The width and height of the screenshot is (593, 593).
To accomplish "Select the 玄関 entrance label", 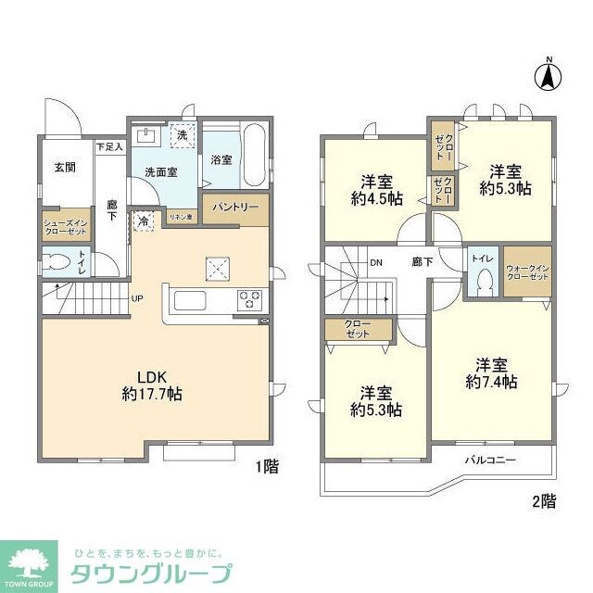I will point(64,167).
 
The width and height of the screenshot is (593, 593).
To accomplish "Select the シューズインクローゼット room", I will point(65,226).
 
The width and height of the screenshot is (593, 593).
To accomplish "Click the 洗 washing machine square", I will point(182,135).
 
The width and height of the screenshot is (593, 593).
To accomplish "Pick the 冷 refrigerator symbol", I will point(144,222).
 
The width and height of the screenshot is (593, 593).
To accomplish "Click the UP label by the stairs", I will point(136,298).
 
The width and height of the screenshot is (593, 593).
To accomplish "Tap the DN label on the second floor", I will point(376,262).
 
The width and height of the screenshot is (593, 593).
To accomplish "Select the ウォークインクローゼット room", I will point(527,271).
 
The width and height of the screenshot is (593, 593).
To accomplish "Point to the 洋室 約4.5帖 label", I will point(376,189).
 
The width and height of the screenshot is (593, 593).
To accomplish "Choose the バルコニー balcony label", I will point(489,460).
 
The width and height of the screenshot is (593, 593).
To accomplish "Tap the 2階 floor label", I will point(544,501).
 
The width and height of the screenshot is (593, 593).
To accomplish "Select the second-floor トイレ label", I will point(482,259).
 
